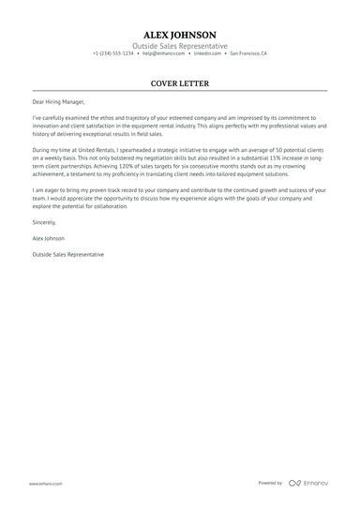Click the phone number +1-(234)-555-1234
113,54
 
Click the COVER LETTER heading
179,83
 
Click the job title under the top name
179,46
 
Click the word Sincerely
45,222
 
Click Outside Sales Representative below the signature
67,254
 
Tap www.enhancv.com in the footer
45,483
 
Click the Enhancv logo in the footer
308,483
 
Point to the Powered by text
270,483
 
